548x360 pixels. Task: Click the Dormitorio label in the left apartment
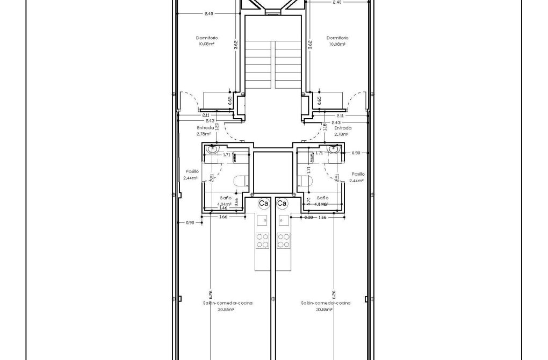click(x=206, y=38)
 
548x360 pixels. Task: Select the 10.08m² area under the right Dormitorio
click(x=337, y=44)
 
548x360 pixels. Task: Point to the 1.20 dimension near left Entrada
click(x=218, y=127)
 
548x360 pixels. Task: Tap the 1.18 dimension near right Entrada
click(x=326, y=127)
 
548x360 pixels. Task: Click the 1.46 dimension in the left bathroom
click(x=223, y=208)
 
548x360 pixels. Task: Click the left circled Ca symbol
click(x=264, y=204)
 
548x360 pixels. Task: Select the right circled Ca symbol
click(x=282, y=204)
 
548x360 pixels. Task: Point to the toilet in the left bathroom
click(x=241, y=182)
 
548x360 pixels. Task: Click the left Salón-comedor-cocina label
click(x=228, y=303)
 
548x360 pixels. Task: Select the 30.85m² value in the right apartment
click(x=326, y=309)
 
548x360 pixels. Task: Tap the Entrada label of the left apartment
click(x=205, y=128)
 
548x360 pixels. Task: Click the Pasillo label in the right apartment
click(x=358, y=174)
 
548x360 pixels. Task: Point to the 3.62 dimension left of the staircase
click(x=236, y=45)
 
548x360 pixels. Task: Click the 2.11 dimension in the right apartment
click(x=340, y=116)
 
